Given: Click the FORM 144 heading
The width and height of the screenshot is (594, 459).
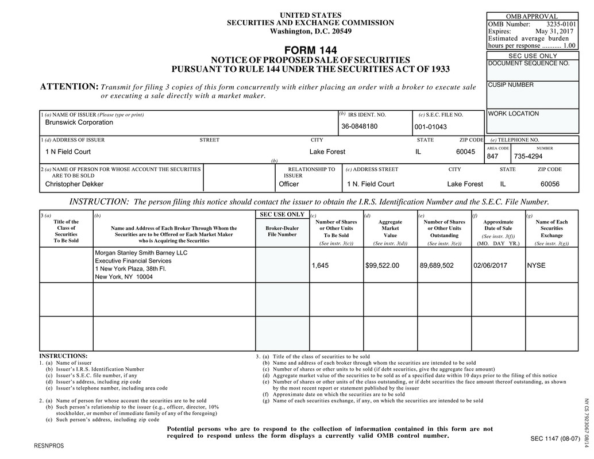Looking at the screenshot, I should (310, 50).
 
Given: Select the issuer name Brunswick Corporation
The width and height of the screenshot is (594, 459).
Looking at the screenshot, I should (79, 122).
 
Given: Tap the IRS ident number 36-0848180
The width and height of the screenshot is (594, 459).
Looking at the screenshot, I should (359, 126).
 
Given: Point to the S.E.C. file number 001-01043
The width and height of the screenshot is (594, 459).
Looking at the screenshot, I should (430, 127).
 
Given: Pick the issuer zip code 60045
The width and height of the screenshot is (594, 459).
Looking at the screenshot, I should (465, 152).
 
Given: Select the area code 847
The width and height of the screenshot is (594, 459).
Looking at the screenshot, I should (492, 156).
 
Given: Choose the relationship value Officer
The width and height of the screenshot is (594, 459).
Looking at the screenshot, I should (288, 184).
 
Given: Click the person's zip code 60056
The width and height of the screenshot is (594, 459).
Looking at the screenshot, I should (550, 184).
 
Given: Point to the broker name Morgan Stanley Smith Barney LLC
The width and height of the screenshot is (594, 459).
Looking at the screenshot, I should (141, 253).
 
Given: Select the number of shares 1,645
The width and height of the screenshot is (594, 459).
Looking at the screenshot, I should (321, 265).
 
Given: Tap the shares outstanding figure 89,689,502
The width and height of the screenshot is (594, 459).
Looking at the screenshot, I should (437, 265).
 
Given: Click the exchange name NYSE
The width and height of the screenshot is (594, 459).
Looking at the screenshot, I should (537, 265).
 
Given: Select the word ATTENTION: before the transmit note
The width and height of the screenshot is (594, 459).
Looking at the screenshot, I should (69, 87).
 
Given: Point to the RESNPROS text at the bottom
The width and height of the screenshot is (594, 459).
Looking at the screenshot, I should (49, 446).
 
